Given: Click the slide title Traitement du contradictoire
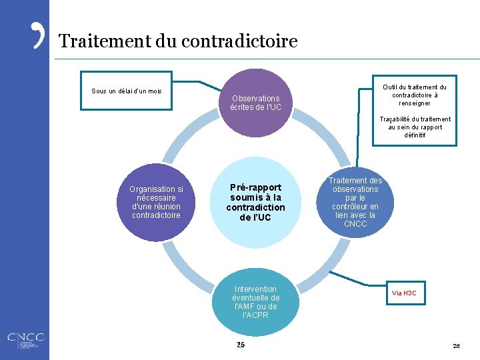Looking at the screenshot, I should click(177, 41).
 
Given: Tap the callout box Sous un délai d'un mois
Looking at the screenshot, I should click(126, 90).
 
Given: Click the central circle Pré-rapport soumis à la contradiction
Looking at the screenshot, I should click(255, 202).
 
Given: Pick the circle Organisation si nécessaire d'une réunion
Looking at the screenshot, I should click(156, 202).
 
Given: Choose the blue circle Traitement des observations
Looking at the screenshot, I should click(355, 202).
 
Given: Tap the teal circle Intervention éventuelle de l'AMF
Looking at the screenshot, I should click(256, 301).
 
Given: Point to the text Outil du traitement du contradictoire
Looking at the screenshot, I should click(414, 95).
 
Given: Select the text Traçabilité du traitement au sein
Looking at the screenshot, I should click(415, 127).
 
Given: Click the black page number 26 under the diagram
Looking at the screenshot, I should click(241, 345).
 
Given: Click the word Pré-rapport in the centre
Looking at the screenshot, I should click(255, 187).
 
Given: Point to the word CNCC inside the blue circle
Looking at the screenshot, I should click(355, 224).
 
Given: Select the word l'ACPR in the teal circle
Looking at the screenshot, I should click(256, 315).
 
